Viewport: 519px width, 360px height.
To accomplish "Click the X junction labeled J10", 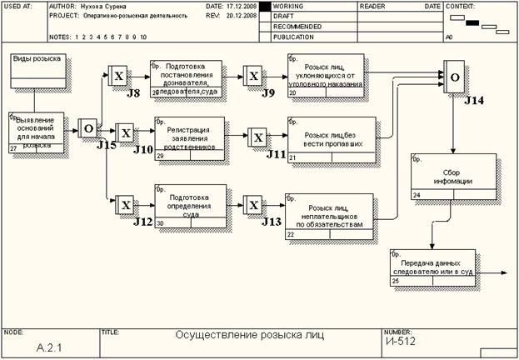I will point(125,133).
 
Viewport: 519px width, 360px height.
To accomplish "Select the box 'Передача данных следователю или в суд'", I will point(432,267).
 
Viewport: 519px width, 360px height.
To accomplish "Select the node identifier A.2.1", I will point(49,345).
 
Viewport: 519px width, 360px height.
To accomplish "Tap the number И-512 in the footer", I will point(400,341).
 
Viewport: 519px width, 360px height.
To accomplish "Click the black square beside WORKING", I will point(265,6).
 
